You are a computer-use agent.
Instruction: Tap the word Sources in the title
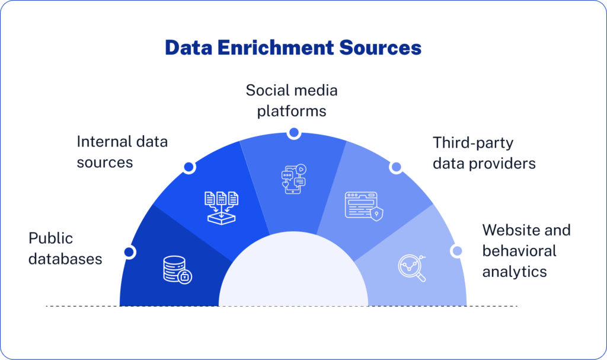pos(385,47)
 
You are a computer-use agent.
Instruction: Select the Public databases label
pos(65,249)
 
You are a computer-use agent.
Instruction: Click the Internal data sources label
pos(122,152)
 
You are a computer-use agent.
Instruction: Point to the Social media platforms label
pos(292,101)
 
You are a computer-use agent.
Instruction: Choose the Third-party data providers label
pos(484,153)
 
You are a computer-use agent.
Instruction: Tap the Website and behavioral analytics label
pos(526,251)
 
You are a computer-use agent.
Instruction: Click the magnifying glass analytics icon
pos(411,267)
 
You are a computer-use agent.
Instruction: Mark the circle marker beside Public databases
pos(129,252)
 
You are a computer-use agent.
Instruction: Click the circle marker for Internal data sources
pos(189,167)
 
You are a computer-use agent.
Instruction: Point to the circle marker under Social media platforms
pos(293,133)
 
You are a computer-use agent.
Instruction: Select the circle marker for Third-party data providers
pos(395,167)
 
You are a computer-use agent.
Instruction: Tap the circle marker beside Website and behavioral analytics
pos(456,251)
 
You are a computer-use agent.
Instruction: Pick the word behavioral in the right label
pos(519,251)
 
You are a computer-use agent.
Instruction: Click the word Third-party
pos(465,143)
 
